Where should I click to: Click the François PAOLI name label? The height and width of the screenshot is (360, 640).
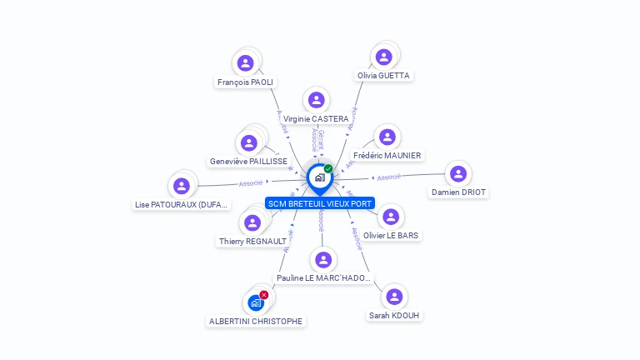tap(245, 82)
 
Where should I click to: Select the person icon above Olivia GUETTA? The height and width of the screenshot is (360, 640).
tap(383, 57)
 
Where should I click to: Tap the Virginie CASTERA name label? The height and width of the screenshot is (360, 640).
tap(316, 119)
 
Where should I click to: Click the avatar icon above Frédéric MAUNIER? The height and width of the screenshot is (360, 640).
tap(387, 137)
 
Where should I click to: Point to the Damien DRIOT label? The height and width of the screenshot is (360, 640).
tap(458, 192)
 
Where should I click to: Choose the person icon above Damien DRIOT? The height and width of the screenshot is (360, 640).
tap(457, 174)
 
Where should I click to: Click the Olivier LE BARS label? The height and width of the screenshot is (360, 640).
tap(392, 236)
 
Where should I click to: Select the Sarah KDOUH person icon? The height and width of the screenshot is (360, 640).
tap(394, 297)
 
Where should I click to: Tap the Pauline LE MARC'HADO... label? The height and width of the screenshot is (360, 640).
tap(323, 278)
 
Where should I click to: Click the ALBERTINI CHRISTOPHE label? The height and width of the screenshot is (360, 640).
tap(256, 322)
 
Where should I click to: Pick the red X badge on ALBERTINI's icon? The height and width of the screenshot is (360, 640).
tap(264, 295)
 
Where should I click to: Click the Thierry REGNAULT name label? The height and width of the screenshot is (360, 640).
tap(252, 242)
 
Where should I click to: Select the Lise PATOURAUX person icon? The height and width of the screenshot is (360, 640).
tap(182, 186)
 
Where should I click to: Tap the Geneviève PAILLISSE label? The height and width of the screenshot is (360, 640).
tap(248, 162)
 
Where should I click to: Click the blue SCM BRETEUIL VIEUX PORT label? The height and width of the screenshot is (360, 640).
tap(320, 203)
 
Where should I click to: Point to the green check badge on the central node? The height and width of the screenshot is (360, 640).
tap(328, 169)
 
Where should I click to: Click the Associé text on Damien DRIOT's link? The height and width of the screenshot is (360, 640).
tap(389, 177)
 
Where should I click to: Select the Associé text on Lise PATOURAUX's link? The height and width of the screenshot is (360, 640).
tap(251, 182)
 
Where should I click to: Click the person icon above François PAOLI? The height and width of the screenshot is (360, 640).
tap(245, 62)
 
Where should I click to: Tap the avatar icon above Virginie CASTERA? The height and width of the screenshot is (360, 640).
tap(316, 100)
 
